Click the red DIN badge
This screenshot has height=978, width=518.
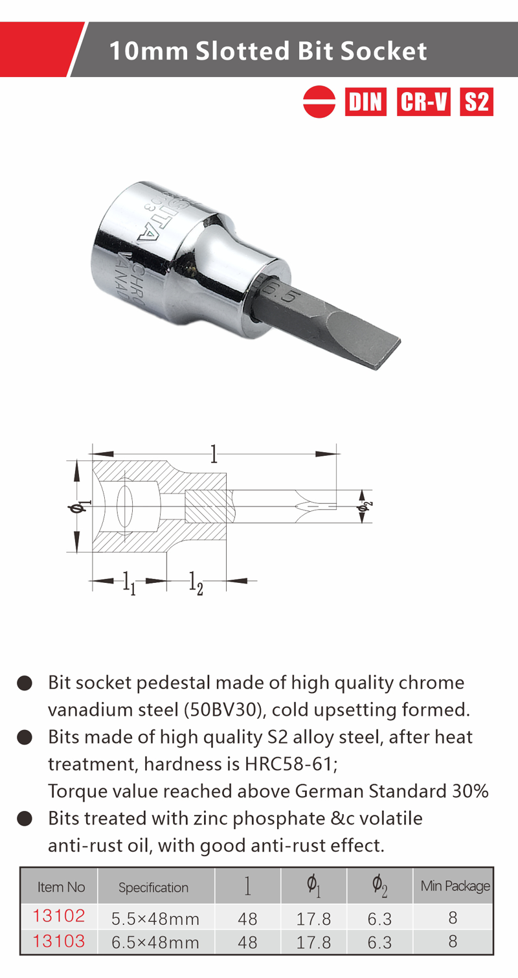[x=365, y=102]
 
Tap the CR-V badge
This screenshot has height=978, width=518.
[x=423, y=102]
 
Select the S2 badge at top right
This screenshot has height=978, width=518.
[x=477, y=102]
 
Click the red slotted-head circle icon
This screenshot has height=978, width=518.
[x=319, y=102]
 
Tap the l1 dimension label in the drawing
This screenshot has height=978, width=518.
[x=128, y=583]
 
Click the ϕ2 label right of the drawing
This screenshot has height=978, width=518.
[x=365, y=506]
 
